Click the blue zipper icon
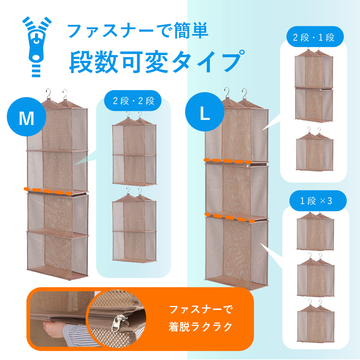pos(36,46)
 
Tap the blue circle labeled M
pos(26,117)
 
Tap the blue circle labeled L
pos(204,112)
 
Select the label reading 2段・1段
pos(314,37)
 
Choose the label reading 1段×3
pos(316,201)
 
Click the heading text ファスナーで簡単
pos(138,30)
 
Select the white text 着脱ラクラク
pos(201,326)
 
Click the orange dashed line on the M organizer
pos(48,191)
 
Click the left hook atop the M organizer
pos(48,94)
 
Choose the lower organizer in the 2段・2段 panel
pos(134,225)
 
